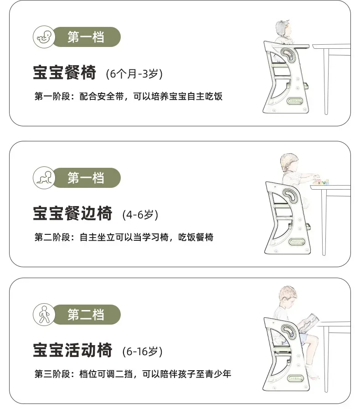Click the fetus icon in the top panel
(x=44, y=37)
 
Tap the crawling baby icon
(x=44, y=178)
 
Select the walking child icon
(x=44, y=315)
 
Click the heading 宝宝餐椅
(x=64, y=72)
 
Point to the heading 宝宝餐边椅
(x=72, y=213)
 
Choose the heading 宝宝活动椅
(x=72, y=350)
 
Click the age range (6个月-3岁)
(x=134, y=74)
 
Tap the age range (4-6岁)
(x=140, y=214)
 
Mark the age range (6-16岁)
(x=142, y=351)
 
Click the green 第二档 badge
(x=86, y=315)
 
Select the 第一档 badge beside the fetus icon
(x=86, y=37)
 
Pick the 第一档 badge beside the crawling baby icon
(x=86, y=178)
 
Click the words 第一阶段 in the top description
(x=52, y=96)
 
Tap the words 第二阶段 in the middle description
(x=52, y=237)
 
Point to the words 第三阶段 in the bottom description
(x=52, y=374)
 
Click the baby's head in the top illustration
(x=283, y=29)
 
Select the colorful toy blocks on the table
(x=321, y=181)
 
